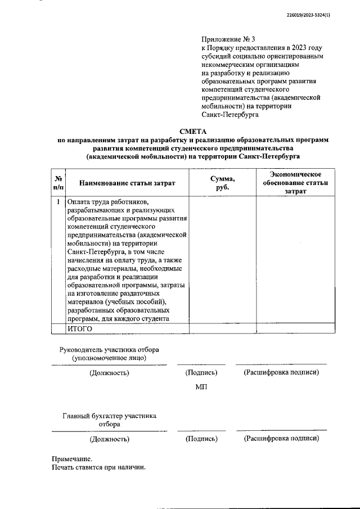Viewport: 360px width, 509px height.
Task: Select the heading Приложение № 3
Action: click(228, 39)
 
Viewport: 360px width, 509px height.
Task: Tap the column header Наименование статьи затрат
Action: click(127, 183)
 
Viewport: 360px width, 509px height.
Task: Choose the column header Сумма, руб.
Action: click(222, 183)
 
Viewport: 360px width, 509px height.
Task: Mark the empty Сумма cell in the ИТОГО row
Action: click(222, 329)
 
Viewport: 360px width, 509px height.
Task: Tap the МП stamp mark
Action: click(201, 390)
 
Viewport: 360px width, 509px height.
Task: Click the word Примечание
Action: click(71, 459)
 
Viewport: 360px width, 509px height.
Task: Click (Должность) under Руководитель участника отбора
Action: click(109, 373)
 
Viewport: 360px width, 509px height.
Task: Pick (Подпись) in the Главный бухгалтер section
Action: click(201, 439)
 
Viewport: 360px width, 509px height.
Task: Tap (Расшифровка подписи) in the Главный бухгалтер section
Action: click(281, 439)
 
